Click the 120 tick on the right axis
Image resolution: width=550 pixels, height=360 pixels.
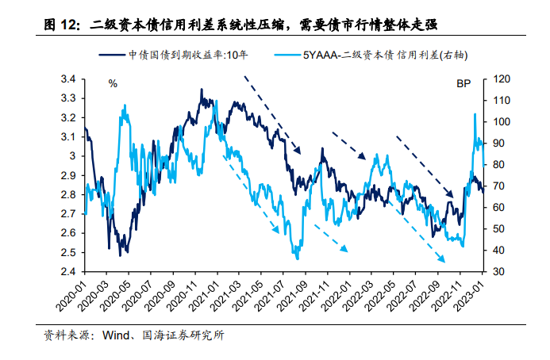(501, 79)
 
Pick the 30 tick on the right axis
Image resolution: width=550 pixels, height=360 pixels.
(498, 271)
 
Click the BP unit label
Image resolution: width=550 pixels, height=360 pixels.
(463, 83)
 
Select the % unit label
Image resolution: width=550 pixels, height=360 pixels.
(113, 83)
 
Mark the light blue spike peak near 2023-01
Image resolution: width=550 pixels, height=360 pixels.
(475, 114)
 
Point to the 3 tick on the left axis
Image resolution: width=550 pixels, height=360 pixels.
(72, 156)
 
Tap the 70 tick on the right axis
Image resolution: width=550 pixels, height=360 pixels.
(498, 186)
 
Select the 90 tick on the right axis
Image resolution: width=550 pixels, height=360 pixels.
(498, 143)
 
